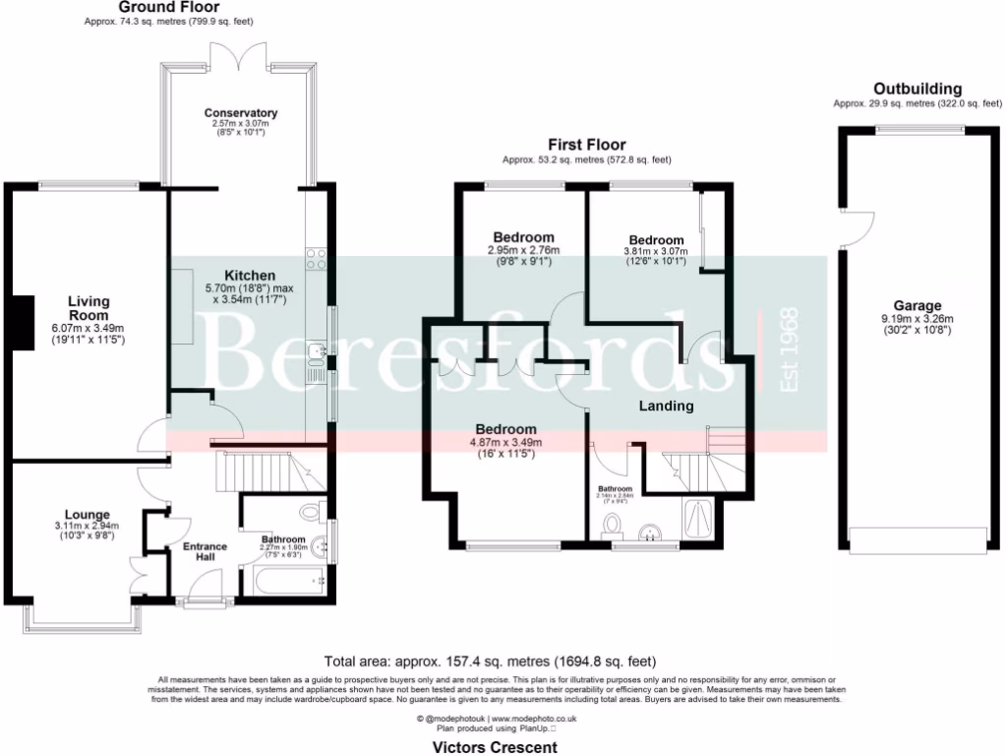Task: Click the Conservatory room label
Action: [x=240, y=113]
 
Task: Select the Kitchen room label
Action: [x=250, y=275]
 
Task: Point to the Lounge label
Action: [x=88, y=514]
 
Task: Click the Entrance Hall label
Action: [x=205, y=551]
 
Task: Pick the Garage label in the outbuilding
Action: [x=917, y=306]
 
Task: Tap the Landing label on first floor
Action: [x=666, y=406]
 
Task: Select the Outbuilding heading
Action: [x=917, y=89]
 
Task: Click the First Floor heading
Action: [x=586, y=145]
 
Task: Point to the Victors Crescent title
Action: [x=495, y=747]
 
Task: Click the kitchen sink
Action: [x=317, y=352]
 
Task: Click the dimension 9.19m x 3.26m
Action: [x=917, y=319]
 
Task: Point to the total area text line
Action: [x=490, y=661]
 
